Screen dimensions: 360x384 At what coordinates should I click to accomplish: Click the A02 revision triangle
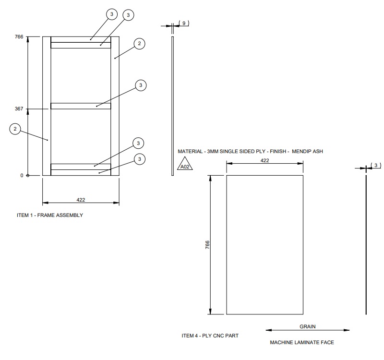(x=184, y=166)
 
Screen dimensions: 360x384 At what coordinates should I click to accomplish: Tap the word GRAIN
(x=308, y=326)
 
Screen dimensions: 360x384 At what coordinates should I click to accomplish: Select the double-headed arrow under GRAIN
(x=308, y=330)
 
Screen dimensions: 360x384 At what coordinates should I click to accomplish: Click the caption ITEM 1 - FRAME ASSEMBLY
(x=50, y=216)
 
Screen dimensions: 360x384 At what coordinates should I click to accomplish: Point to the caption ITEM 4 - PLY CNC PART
(x=210, y=336)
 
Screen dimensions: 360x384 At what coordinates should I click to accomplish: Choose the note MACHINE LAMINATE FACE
(x=302, y=343)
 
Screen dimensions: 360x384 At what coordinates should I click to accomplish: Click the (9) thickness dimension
(x=184, y=23)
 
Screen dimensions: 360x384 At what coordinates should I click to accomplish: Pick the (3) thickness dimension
(x=377, y=166)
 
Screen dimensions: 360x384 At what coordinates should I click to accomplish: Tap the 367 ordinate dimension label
(x=19, y=109)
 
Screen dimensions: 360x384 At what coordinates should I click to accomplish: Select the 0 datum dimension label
(x=22, y=176)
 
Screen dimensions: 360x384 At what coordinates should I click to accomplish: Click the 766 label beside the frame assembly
(x=19, y=36)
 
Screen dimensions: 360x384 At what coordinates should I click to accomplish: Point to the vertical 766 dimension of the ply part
(x=208, y=244)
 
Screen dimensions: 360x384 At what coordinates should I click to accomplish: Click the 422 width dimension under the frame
(x=81, y=199)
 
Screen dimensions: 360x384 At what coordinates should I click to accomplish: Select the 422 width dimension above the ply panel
(x=264, y=161)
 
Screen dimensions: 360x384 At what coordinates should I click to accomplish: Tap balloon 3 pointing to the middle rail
(x=141, y=85)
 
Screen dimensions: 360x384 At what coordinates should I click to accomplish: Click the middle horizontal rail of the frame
(x=81, y=106)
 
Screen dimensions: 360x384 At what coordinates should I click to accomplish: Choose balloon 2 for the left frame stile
(x=15, y=129)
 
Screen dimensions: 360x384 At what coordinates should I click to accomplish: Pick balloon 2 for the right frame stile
(x=139, y=44)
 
